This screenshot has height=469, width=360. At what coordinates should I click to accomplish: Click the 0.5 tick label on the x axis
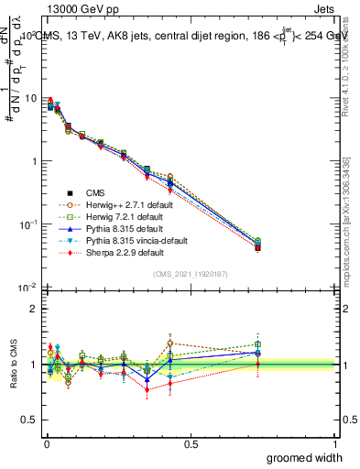191,444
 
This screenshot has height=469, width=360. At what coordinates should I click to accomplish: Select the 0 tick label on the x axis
46,444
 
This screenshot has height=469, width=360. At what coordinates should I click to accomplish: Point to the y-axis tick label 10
31,99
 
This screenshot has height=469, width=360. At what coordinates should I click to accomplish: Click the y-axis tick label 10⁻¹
28,224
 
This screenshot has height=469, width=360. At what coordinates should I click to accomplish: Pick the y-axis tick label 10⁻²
28,288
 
